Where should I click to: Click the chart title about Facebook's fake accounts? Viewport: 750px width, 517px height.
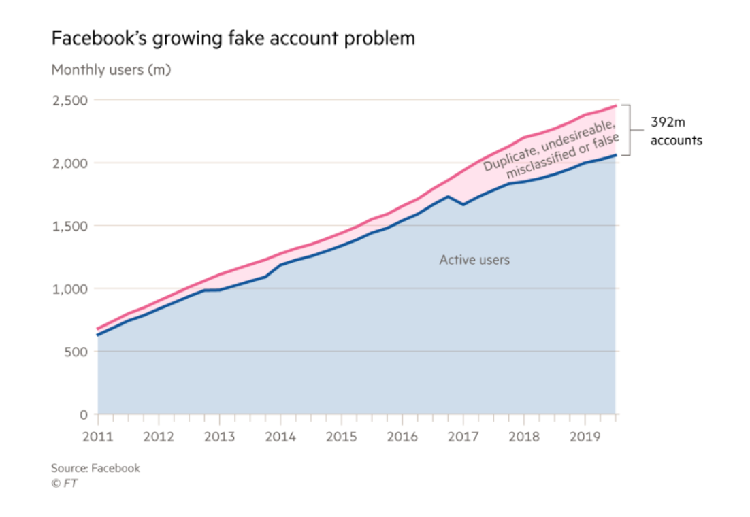click(233, 39)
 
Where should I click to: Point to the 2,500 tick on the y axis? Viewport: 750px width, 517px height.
click(70, 101)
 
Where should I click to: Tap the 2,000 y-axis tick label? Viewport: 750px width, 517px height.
click(70, 163)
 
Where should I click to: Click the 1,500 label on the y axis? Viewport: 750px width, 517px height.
click(71, 226)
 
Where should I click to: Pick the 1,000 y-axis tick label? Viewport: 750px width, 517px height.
click(71, 289)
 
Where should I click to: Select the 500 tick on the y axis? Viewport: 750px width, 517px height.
click(76, 352)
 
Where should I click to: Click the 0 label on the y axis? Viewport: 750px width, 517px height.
click(84, 414)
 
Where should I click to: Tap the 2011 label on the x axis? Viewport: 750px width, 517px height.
click(97, 436)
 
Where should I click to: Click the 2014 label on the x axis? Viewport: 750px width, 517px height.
click(280, 436)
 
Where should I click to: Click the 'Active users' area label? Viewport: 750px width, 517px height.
click(474, 260)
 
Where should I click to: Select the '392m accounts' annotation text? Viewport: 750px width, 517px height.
click(675, 133)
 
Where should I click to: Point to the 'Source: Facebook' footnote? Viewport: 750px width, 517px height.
click(95, 468)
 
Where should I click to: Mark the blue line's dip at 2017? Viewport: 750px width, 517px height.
click(463, 204)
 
